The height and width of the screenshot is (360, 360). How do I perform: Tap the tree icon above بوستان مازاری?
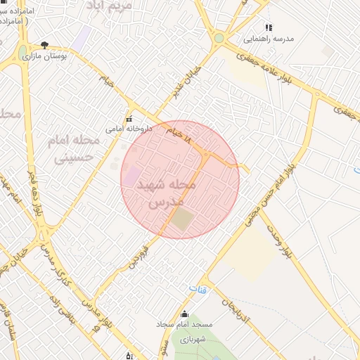[45, 45]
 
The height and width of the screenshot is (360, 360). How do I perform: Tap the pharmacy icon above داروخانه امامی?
[129, 118]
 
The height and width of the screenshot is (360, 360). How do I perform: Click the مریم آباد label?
[108, 6]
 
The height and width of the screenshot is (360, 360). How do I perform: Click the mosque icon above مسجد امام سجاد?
[184, 314]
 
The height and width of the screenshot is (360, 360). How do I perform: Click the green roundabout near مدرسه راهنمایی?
[219, 38]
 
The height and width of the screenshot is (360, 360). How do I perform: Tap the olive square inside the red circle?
[181, 219]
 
